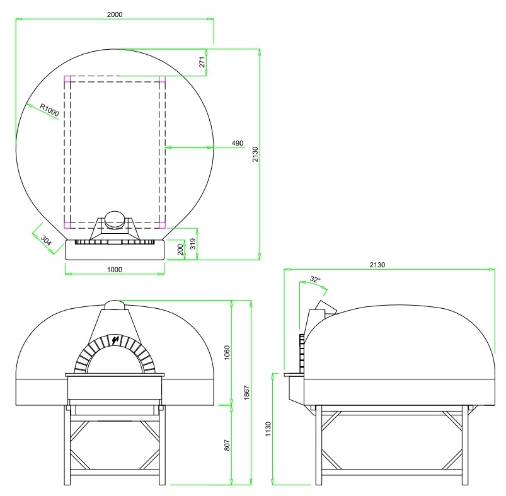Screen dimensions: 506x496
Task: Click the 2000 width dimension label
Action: coord(115,14)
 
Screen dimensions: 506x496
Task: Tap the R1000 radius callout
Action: coord(49,110)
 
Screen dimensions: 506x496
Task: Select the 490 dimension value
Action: coord(238,143)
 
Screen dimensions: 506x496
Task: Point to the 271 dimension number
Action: coord(202,62)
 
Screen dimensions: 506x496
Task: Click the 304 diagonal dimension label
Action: coord(46,240)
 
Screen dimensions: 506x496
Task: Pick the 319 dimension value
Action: coord(193,244)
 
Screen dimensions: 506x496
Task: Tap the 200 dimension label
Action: coord(181,250)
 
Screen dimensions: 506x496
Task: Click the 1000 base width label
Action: coord(115,270)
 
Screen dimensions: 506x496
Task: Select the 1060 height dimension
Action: coord(227,353)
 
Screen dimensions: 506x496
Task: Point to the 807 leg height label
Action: coord(227,445)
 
